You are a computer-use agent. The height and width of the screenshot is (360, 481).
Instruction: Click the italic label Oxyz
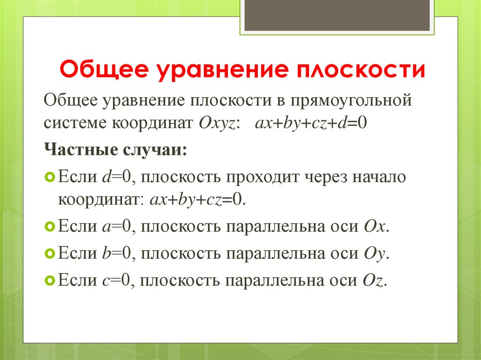coord(219,124)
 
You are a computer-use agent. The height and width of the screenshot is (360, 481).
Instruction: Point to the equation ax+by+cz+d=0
coord(310,124)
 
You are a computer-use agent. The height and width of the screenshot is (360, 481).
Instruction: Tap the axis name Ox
coord(375,227)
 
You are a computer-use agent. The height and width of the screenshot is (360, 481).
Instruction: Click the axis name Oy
coord(375,253)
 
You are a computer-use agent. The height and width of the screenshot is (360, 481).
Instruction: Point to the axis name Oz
coord(374,280)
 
